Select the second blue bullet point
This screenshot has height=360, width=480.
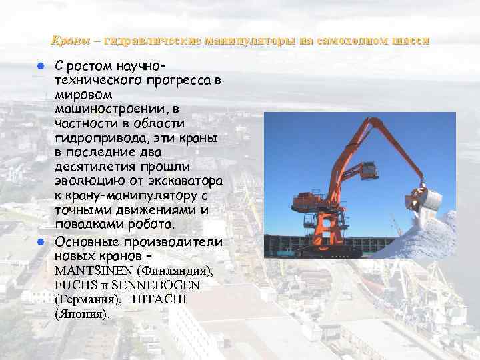pos(40,242)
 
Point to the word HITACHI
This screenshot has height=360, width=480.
pos(160,299)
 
